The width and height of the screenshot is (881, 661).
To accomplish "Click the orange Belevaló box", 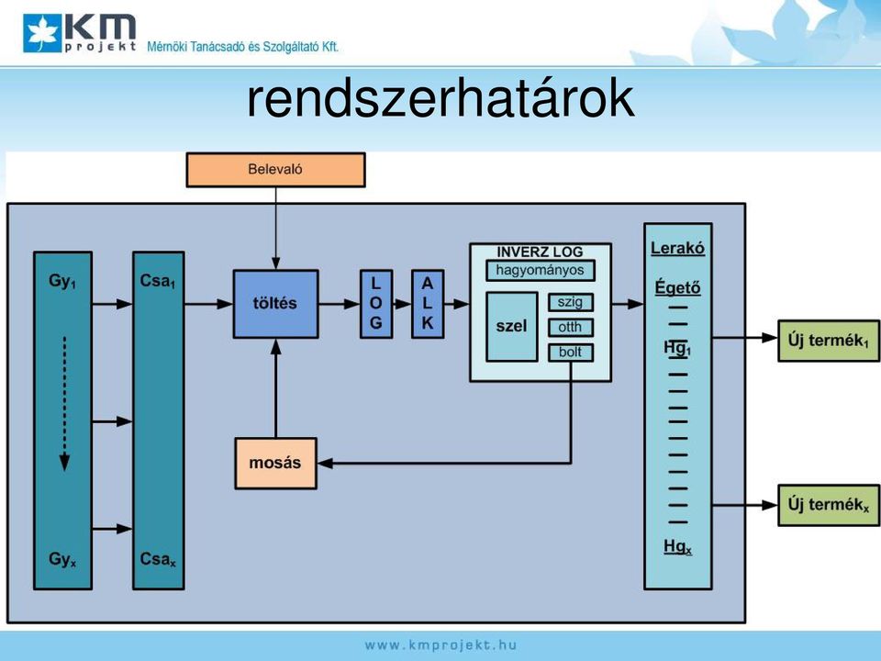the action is tap(275, 170).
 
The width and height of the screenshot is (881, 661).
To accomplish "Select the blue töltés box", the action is tap(276, 304).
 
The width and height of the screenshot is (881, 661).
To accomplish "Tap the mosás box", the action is tap(276, 463).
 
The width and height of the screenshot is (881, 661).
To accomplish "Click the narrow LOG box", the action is tap(376, 304).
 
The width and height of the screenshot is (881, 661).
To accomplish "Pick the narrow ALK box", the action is tap(428, 304).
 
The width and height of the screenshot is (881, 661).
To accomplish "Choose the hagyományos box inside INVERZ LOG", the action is tap(540, 270).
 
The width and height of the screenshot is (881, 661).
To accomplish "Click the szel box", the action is tap(512, 327).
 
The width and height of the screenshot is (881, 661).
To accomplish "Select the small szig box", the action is tap(570, 302).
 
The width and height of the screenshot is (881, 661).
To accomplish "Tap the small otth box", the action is tap(570, 327).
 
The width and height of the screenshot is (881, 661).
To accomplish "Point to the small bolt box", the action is tap(570, 353).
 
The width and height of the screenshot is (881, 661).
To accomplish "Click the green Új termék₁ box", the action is tap(829, 341).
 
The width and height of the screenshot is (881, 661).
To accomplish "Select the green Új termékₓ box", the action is tap(829, 505).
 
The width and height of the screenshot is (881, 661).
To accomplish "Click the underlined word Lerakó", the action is tap(677, 249).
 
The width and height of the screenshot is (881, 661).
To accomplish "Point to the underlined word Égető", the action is tap(677, 287).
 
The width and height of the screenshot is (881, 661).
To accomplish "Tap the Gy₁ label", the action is tap(62, 281).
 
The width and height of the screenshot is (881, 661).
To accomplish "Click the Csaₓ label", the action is tap(158, 559).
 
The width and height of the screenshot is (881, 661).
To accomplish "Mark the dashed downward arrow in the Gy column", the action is tap(64, 404).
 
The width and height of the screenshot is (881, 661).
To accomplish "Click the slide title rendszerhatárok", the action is tap(441, 99).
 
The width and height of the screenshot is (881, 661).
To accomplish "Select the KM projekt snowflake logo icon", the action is tap(42, 33).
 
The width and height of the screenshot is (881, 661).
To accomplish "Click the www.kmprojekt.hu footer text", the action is tap(440, 645).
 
